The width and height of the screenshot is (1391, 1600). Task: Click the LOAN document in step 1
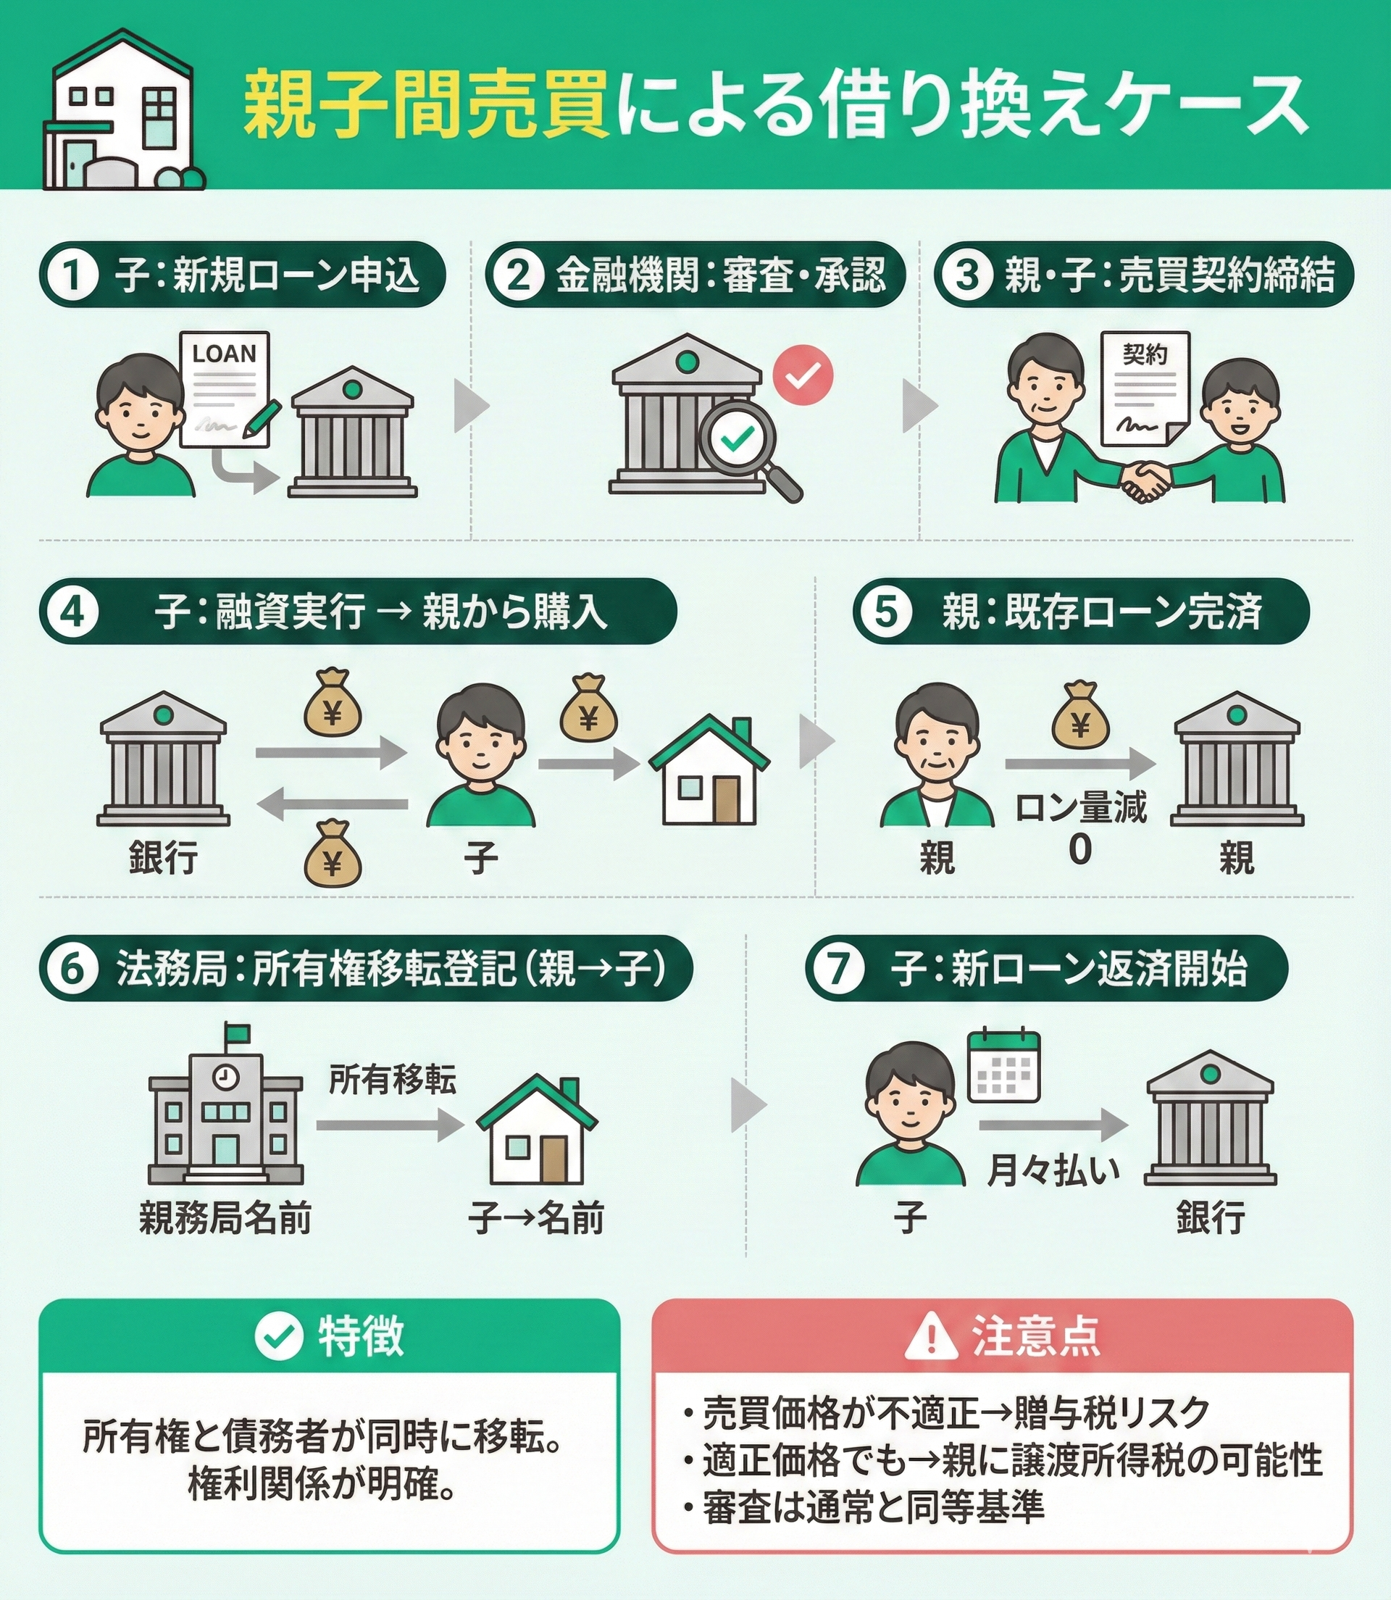pos(225,391)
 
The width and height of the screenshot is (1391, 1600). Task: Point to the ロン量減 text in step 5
pos(1080,808)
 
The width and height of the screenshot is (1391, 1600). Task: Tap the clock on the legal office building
pos(225,1077)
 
